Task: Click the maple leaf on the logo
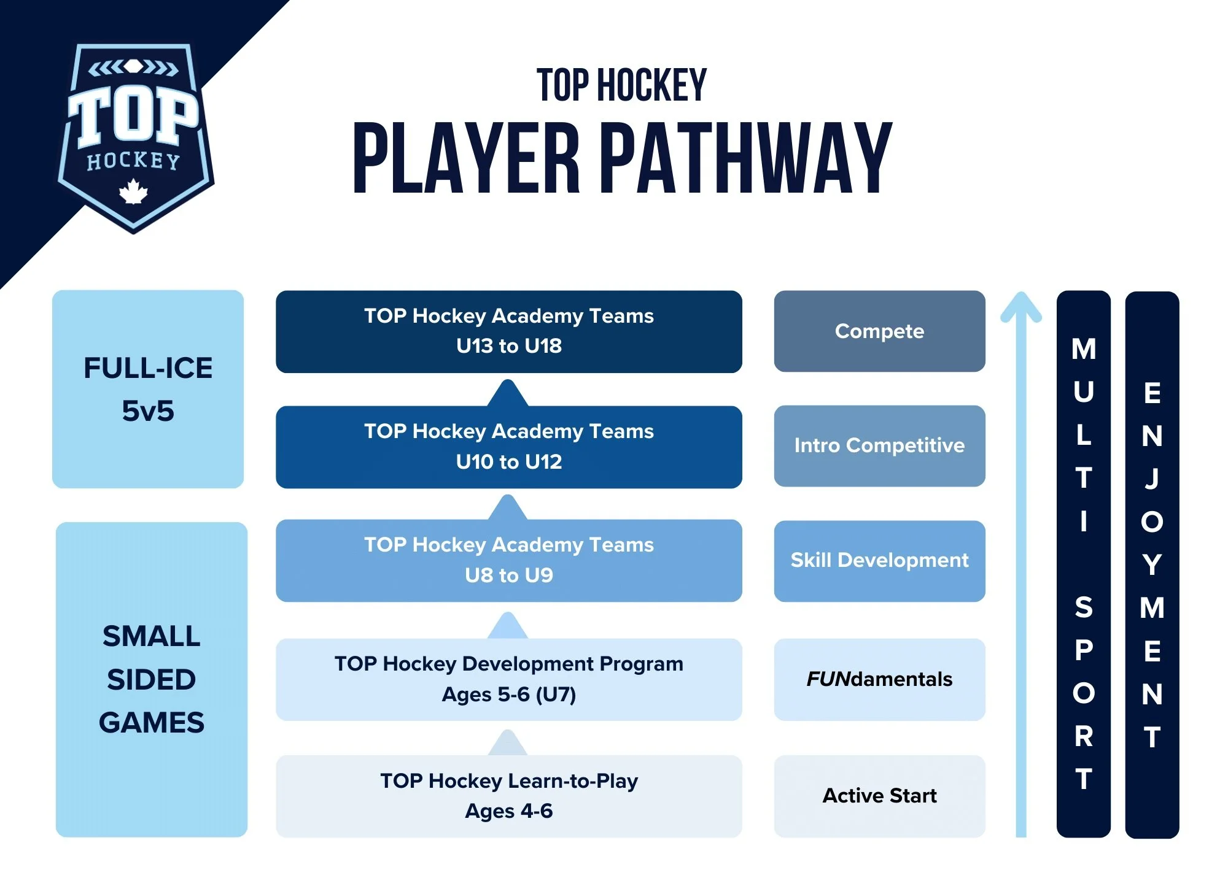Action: (133, 191)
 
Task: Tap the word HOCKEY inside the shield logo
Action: (133, 161)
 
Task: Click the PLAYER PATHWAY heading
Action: (622, 158)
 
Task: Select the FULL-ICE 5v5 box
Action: (148, 389)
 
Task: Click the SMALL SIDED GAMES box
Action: (152, 679)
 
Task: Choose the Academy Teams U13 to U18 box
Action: (509, 331)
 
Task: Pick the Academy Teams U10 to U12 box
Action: (509, 447)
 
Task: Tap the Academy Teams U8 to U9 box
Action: (509, 560)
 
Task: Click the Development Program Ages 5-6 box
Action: (509, 679)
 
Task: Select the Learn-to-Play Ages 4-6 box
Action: (509, 796)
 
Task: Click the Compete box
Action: (880, 331)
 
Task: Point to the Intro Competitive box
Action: (880, 446)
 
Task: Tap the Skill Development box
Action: (880, 561)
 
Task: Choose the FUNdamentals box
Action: (880, 679)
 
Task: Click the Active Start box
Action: (880, 796)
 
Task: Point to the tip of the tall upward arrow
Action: (1021, 293)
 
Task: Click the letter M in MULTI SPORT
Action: (1084, 349)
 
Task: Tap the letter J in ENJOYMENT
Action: (1152, 479)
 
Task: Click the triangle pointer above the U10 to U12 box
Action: (508, 393)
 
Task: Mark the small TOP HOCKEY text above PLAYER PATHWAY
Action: (622, 85)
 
